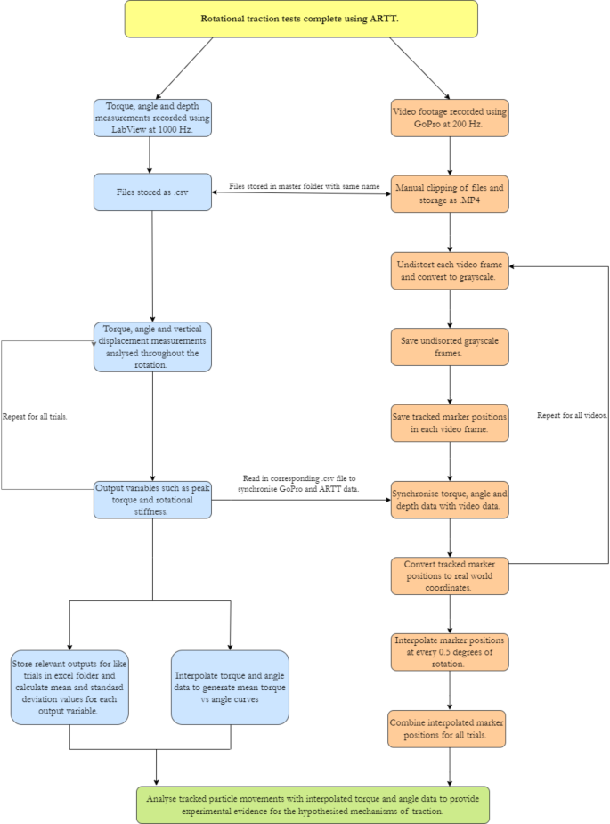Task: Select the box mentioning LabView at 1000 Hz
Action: pos(152,118)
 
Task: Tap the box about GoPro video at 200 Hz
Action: pos(450,118)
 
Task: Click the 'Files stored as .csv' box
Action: pos(152,192)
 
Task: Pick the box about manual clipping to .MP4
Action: pos(450,193)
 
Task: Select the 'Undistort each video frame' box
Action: pos(450,270)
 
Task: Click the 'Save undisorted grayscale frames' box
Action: pos(450,347)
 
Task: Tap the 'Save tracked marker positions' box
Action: pos(450,423)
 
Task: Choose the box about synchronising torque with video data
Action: pos(450,500)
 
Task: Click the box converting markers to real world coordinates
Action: pos(450,575)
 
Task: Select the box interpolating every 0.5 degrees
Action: pos(450,652)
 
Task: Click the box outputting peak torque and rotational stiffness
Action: pos(152,500)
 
